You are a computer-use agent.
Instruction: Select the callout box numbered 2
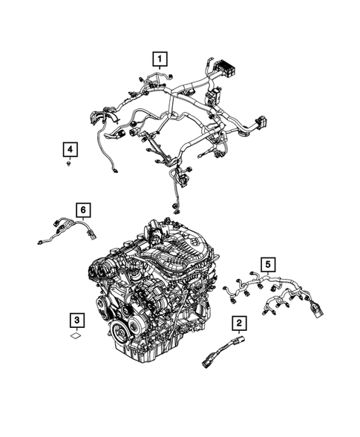[238, 323]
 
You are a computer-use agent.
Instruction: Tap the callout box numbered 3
[77, 321]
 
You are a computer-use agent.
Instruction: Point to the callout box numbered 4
[68, 150]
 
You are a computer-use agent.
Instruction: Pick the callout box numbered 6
[84, 210]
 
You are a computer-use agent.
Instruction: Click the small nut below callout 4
[68, 166]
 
